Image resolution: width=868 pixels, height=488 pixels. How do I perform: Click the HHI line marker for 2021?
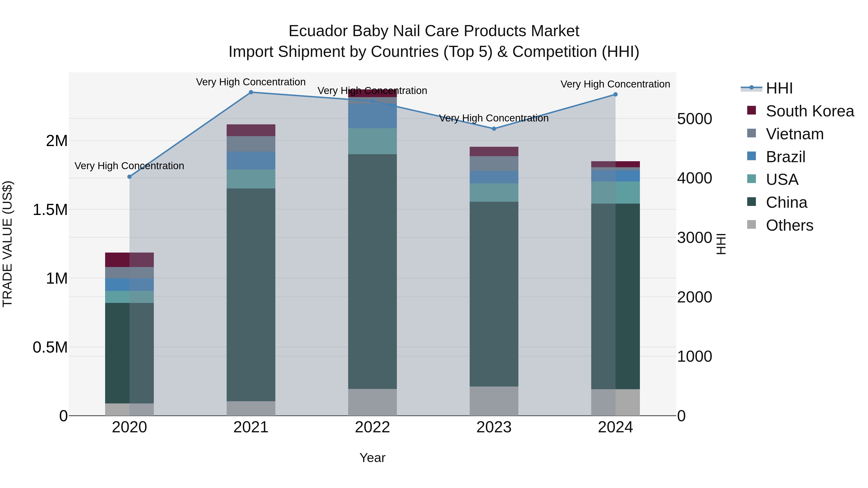click(251, 92)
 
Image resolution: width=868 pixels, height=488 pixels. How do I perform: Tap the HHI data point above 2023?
click(494, 129)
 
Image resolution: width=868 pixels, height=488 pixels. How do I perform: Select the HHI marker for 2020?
click(129, 177)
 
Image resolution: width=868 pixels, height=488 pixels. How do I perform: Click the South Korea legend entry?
click(810, 111)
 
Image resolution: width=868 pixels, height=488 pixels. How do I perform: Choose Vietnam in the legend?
click(794, 134)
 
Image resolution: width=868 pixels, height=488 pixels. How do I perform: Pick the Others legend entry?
click(789, 225)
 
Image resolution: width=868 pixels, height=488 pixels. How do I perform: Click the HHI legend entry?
click(779, 88)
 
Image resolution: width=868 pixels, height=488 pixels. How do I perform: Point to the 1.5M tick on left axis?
click(50, 210)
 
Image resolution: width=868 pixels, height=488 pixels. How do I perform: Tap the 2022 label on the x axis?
click(372, 427)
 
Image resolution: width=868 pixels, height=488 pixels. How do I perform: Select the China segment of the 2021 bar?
click(251, 295)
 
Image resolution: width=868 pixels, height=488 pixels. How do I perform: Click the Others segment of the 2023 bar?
click(494, 401)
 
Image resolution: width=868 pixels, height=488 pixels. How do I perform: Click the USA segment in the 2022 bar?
click(372, 141)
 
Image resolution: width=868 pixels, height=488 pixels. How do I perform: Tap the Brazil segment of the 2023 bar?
click(494, 177)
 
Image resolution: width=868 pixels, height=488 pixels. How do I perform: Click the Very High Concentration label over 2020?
click(129, 166)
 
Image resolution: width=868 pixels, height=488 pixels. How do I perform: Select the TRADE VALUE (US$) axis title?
click(7, 244)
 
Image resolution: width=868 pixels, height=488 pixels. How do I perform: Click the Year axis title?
click(372, 458)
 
